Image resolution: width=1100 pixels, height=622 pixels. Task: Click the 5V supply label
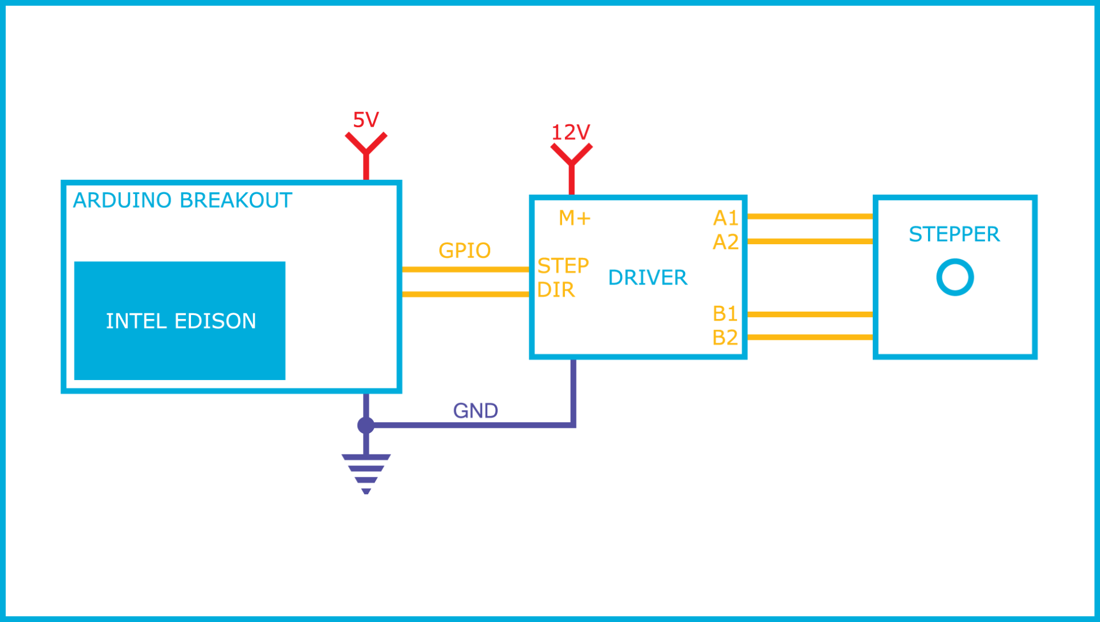(366, 120)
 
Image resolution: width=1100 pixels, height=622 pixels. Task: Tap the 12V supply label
(571, 132)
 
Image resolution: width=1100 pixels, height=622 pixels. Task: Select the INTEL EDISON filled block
(179, 321)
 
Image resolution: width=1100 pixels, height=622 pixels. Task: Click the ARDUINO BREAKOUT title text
(182, 200)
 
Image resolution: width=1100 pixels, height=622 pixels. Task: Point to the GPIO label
(464, 251)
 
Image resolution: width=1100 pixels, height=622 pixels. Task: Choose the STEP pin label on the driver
(563, 266)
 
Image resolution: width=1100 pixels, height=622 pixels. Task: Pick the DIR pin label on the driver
(556, 290)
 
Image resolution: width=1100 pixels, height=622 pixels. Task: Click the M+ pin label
(574, 218)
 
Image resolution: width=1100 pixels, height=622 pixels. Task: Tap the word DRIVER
(647, 278)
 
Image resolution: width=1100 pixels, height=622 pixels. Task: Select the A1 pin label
(725, 218)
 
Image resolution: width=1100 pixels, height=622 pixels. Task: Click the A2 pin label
(725, 242)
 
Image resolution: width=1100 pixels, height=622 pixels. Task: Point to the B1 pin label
(725, 313)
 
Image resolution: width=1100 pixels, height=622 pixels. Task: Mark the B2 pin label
(725, 337)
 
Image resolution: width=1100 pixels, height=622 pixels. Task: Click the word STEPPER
(954, 234)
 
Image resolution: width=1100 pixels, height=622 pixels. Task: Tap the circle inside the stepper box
(954, 277)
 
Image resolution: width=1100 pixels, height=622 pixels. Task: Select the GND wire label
(475, 411)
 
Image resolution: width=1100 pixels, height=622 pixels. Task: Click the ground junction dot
(366, 425)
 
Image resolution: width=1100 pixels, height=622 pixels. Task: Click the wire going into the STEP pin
(465, 270)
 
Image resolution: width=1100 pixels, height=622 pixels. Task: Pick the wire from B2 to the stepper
(810, 337)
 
